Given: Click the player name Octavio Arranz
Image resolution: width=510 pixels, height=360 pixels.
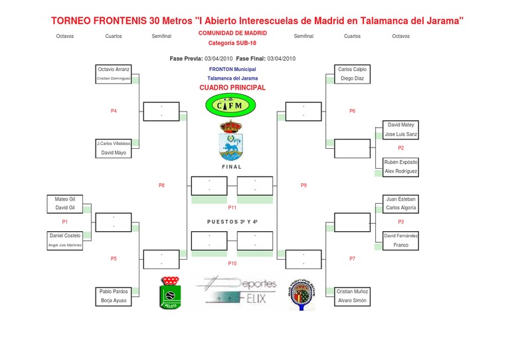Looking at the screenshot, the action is (x=114, y=69).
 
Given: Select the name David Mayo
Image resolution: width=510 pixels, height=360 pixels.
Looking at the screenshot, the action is (x=114, y=153).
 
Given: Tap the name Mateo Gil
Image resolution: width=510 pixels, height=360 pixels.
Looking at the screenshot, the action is (x=65, y=199).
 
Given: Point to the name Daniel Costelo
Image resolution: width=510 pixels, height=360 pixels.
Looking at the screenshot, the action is (x=65, y=236).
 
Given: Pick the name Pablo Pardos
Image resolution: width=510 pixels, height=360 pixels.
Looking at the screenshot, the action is (x=114, y=292).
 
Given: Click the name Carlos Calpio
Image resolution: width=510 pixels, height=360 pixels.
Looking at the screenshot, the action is (x=352, y=69).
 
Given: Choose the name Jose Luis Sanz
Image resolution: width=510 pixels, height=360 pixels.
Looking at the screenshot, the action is (x=401, y=134).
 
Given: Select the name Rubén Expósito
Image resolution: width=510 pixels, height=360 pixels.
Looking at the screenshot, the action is (x=401, y=162).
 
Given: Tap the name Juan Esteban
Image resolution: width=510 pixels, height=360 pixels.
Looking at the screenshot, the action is (x=401, y=199).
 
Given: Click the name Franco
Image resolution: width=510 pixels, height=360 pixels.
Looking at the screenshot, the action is (x=401, y=245).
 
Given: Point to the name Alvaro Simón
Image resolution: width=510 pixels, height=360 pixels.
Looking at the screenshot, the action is (x=352, y=301).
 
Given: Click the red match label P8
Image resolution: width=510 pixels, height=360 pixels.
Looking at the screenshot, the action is (x=161, y=185).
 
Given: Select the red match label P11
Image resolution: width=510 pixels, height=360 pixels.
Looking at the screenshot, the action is (x=232, y=208).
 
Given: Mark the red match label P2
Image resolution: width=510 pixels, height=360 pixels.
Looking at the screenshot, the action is (x=401, y=148).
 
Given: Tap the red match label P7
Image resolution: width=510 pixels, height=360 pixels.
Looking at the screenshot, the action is (x=353, y=258).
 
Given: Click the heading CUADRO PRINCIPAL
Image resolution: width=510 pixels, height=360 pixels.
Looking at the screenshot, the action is (x=232, y=88).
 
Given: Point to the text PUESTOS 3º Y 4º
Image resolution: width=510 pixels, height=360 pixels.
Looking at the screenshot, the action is (x=232, y=222).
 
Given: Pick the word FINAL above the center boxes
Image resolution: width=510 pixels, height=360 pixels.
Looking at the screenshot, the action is (x=232, y=167).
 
